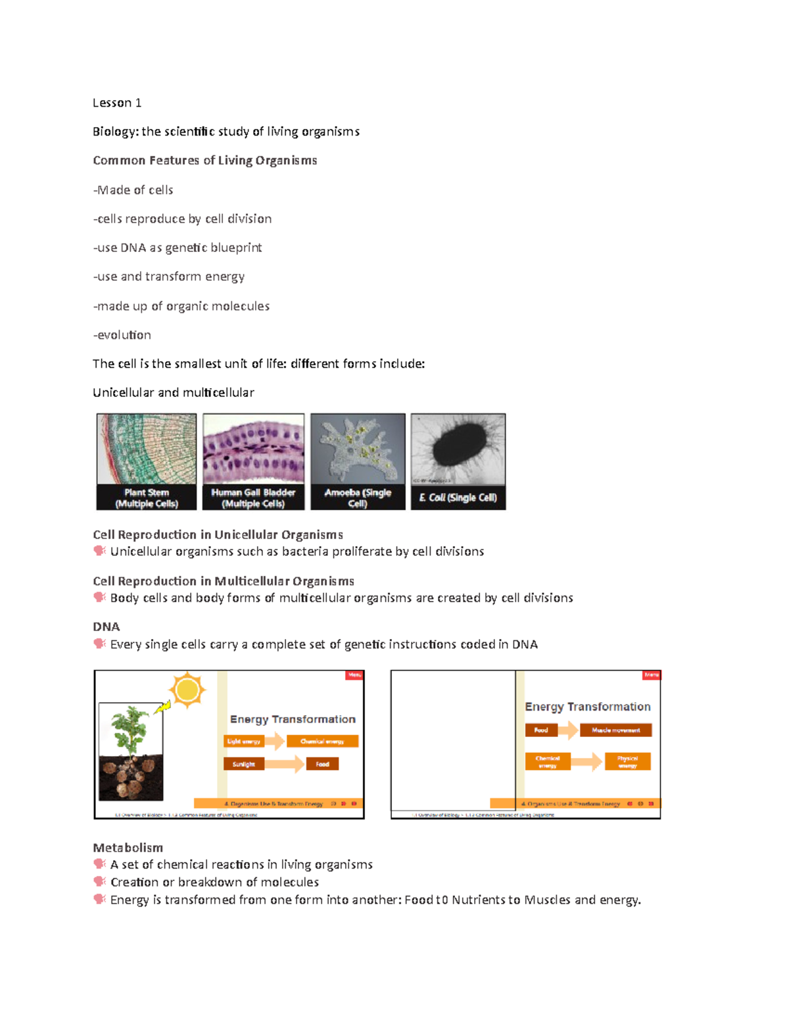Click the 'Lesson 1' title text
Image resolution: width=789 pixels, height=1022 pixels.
117,103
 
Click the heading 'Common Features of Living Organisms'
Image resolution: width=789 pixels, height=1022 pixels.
204,161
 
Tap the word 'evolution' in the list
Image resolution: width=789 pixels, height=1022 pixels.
124,335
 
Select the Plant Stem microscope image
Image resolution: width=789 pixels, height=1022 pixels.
147,449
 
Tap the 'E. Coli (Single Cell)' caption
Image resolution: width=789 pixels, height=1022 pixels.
458,498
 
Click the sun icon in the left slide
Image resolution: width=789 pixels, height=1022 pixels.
187,690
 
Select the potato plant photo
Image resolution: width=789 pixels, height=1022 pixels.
131,752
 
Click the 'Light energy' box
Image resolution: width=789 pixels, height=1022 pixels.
244,742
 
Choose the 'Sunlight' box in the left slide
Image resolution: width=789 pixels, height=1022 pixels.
244,764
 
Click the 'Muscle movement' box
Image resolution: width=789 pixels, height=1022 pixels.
615,730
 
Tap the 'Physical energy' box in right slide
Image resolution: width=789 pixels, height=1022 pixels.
627,761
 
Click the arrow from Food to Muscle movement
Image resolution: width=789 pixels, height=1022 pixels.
569,730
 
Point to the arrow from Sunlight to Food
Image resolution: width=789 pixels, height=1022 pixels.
285,764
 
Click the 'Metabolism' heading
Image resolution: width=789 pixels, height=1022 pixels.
128,848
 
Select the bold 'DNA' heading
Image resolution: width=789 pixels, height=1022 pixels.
107,626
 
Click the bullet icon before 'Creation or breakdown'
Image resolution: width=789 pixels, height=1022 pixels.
99,881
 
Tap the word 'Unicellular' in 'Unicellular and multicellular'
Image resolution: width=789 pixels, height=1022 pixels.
123,393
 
